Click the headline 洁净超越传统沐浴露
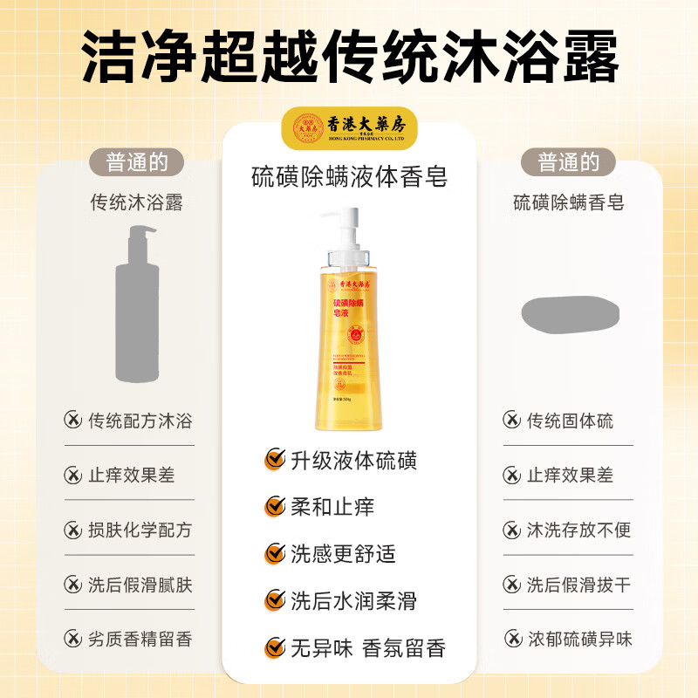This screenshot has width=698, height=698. (349, 58)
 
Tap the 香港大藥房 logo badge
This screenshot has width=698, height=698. (349, 128)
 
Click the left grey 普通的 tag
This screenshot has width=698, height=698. (137, 162)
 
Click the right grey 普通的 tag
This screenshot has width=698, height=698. (568, 162)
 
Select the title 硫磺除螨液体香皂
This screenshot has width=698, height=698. (349, 177)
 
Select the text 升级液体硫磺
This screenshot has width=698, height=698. (353, 460)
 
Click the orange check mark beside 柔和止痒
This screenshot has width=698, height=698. (275, 507)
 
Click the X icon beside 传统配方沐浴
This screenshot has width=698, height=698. (72, 421)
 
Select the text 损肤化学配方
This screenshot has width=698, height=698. (140, 530)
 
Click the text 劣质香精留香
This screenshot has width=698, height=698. (140, 639)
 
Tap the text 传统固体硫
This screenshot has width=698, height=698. (570, 421)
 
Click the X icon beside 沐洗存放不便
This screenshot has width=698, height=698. (511, 530)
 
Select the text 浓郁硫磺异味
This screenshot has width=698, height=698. (579, 639)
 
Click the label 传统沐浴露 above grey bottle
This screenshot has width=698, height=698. (137, 203)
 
